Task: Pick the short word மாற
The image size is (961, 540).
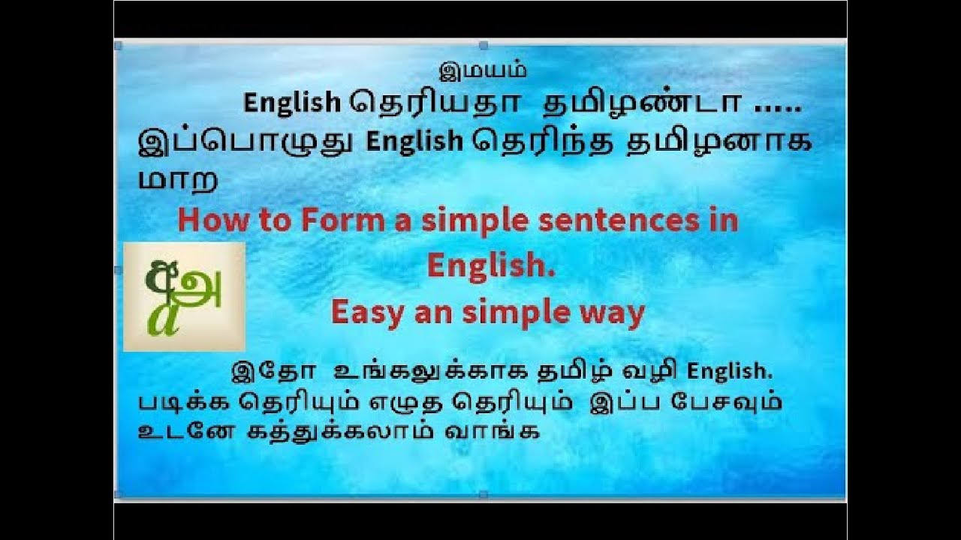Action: tap(178, 180)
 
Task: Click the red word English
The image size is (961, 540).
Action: tap(491, 266)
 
